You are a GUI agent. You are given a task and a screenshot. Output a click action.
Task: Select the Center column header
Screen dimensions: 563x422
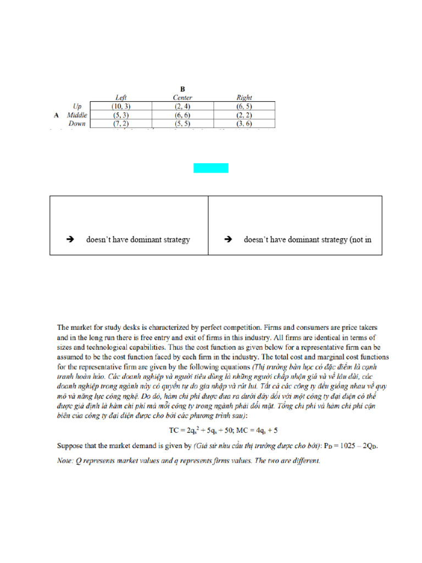point(182,98)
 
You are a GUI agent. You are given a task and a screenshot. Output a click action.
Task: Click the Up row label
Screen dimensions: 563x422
point(77,106)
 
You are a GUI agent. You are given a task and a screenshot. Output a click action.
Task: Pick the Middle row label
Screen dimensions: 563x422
point(77,115)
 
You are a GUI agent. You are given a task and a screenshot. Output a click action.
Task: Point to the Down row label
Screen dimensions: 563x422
point(77,124)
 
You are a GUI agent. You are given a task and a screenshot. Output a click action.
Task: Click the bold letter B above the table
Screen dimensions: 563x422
point(182,89)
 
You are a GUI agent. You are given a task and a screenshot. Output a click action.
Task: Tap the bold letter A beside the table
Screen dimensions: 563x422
point(56,115)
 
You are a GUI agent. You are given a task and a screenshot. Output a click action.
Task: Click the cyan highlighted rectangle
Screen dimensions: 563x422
point(210,168)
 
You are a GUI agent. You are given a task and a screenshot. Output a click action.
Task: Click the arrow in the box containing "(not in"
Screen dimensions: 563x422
point(227,240)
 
